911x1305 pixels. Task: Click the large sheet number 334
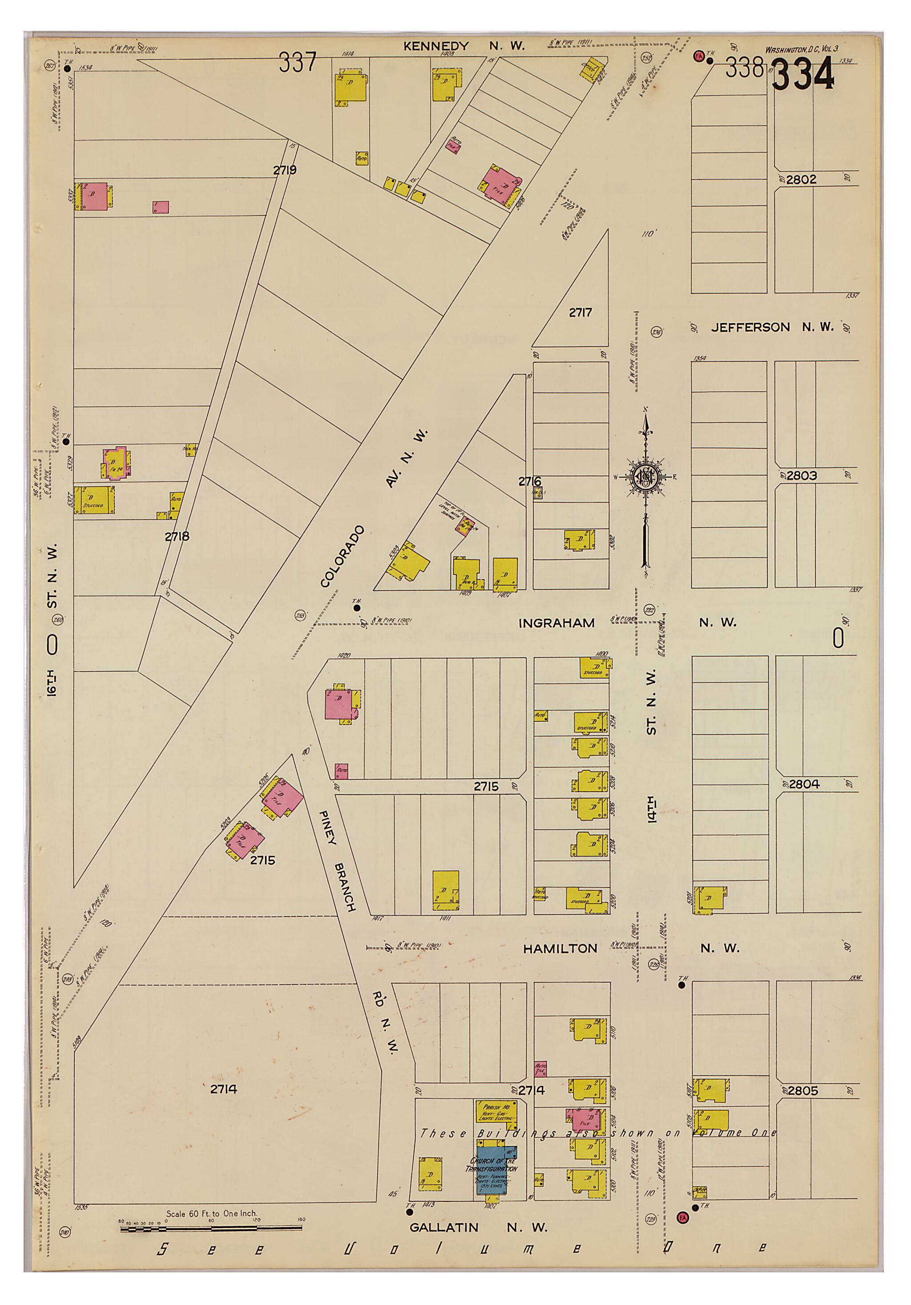click(x=802, y=75)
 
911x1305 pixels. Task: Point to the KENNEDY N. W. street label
click(x=464, y=46)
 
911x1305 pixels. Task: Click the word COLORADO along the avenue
click(x=342, y=557)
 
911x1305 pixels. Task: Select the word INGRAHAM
click(x=556, y=623)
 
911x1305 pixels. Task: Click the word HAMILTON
click(x=560, y=949)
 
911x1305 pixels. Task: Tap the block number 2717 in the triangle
click(x=580, y=312)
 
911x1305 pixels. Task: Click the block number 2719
click(x=284, y=170)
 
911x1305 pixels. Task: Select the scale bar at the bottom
click(x=210, y=1229)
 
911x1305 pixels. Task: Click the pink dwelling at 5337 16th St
click(x=94, y=196)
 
